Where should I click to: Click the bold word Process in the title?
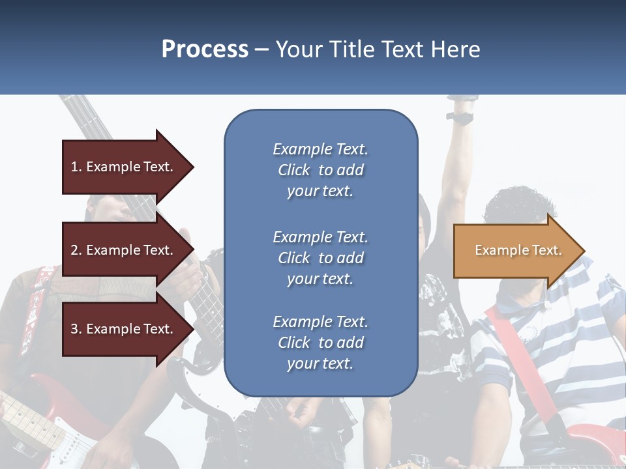point(205,50)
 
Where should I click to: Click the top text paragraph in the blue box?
point(320,170)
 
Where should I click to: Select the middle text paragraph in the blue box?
point(320,258)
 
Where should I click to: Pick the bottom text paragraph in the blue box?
point(320,343)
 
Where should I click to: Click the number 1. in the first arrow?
point(76,167)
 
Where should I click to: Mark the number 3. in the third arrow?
point(76,329)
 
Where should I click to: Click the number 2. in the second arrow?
point(76,250)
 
